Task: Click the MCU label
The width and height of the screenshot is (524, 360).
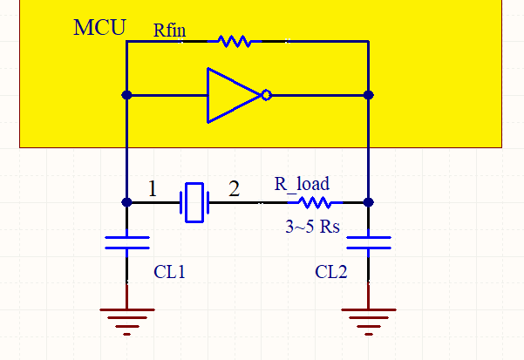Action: pyautogui.click(x=99, y=26)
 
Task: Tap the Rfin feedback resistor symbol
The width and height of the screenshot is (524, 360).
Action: pyautogui.click(x=235, y=41)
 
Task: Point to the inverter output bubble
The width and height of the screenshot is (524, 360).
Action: pyautogui.click(x=266, y=95)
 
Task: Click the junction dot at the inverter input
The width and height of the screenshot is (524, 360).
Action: pyautogui.click(x=127, y=95)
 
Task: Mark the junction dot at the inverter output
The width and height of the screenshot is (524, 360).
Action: pyautogui.click(x=368, y=95)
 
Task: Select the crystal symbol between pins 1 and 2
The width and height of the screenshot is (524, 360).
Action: pyautogui.click(x=194, y=202)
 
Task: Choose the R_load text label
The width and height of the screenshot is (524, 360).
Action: pyautogui.click(x=302, y=184)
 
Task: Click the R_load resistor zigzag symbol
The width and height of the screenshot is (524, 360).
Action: pyautogui.click(x=314, y=202)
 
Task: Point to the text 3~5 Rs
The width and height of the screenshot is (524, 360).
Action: pyautogui.click(x=312, y=228)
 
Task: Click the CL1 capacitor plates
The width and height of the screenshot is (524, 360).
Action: pyautogui.click(x=127, y=241)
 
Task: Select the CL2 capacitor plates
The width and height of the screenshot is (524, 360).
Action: pyautogui.click(x=368, y=241)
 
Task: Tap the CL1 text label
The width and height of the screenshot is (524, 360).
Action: pyautogui.click(x=170, y=272)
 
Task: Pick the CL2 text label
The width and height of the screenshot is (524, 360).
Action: pyautogui.click(x=331, y=272)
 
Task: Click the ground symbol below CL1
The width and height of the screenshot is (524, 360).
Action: pyautogui.click(x=127, y=320)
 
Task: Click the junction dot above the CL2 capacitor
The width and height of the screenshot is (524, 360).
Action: pyautogui.click(x=368, y=202)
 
